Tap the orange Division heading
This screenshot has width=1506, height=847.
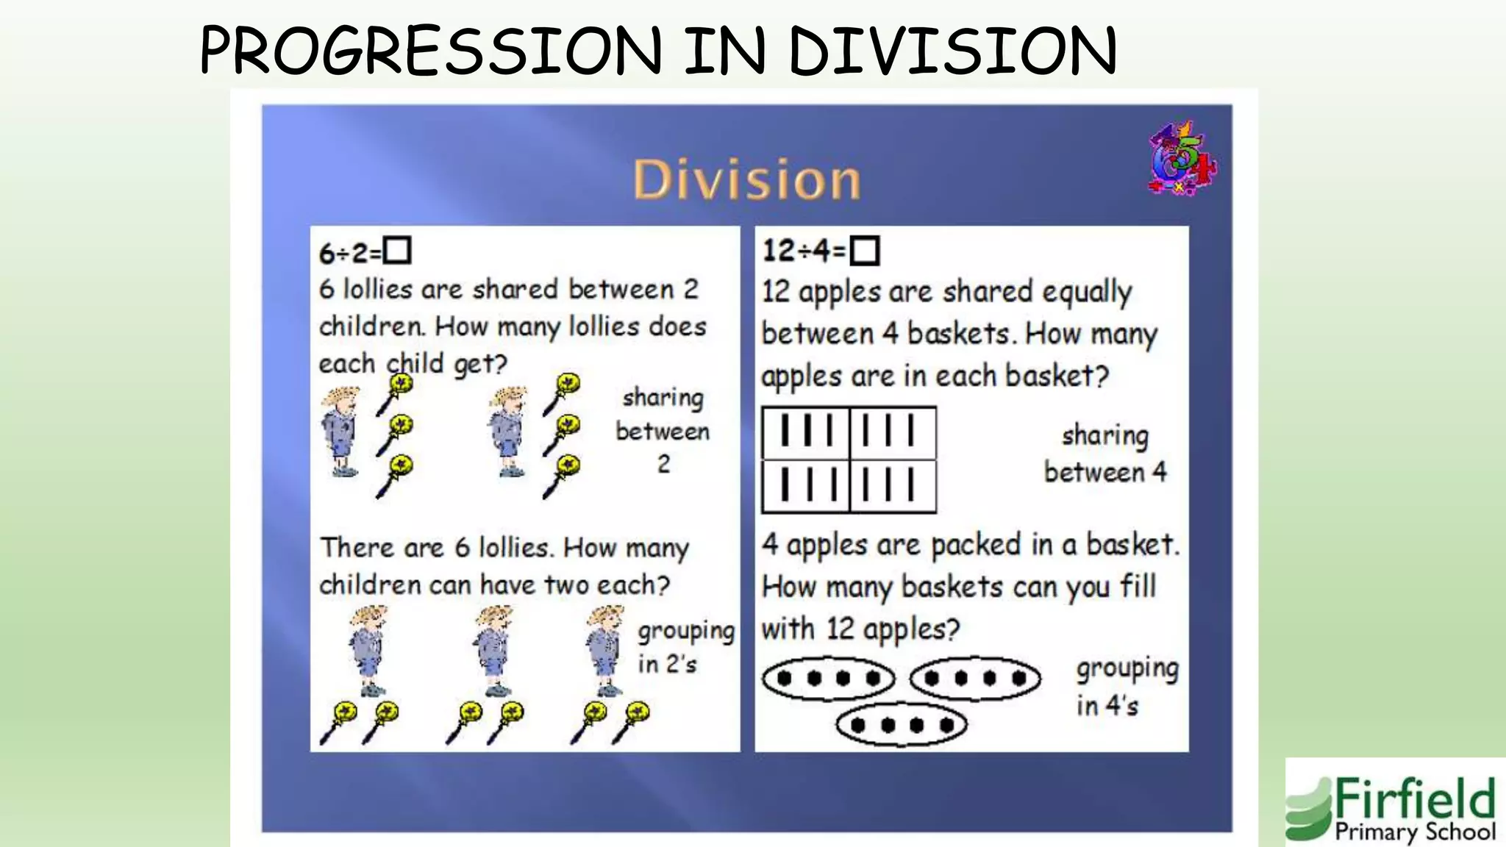pyautogui.click(x=746, y=180)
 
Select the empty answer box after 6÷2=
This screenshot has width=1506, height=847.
pyautogui.click(x=398, y=251)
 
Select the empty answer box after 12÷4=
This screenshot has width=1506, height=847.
pyautogui.click(x=864, y=251)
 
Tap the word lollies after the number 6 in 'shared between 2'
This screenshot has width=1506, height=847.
pyautogui.click(x=377, y=290)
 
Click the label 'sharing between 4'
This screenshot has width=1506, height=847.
pyautogui.click(x=1105, y=454)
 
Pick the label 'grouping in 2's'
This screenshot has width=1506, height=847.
pyautogui.click(x=685, y=647)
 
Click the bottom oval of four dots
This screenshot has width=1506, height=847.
pyautogui.click(x=902, y=725)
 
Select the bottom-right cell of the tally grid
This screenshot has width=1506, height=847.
pyautogui.click(x=892, y=485)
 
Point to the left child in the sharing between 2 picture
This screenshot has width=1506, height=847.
pyautogui.click(x=340, y=432)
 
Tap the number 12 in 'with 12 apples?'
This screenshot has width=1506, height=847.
pyautogui.click(x=839, y=629)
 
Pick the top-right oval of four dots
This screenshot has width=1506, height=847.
pyautogui.click(x=975, y=678)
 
